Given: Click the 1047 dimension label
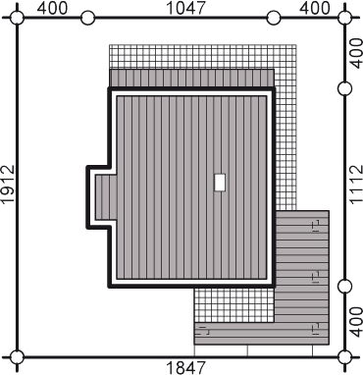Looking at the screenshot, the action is (x=186, y=8).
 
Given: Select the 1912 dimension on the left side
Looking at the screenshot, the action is (x=8, y=185).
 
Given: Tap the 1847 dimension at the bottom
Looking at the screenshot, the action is (x=186, y=368).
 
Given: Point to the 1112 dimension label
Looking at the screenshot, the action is (x=356, y=185).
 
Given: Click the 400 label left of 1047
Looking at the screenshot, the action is (x=52, y=8).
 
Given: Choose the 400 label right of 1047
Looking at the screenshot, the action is (x=315, y=8).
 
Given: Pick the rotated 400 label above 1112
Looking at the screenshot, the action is (x=356, y=53).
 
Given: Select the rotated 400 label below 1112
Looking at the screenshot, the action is (x=356, y=322).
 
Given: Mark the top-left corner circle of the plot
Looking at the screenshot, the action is (x=17, y=18).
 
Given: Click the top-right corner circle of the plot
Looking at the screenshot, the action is (x=344, y=18).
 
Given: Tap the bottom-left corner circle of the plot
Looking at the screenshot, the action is (x=17, y=357).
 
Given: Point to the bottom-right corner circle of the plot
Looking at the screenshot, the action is (x=344, y=357).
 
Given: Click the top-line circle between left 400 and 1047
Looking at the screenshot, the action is (x=87, y=18).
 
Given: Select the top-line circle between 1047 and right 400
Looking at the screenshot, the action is (x=274, y=18).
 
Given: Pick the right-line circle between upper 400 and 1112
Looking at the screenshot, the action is (x=344, y=88).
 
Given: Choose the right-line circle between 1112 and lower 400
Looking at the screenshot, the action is (x=344, y=287).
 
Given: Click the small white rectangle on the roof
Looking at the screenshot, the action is (x=220, y=183).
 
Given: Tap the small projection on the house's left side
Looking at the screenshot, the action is (x=98, y=197).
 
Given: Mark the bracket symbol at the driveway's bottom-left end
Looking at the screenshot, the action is (x=203, y=331).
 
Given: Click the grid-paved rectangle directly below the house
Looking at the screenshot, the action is (x=234, y=305).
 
